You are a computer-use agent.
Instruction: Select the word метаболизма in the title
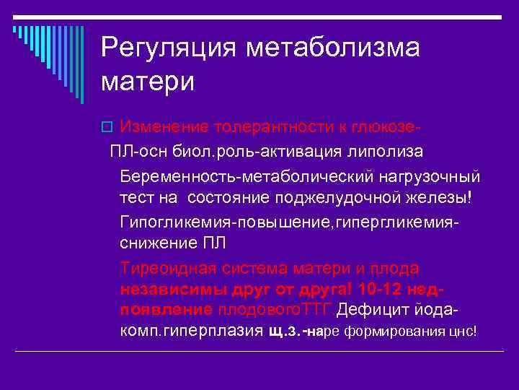pos(334,48)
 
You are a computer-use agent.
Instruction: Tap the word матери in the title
pos(148,81)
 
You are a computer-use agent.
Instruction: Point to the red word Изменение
pos(156,127)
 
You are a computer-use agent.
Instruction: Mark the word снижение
pos(154,243)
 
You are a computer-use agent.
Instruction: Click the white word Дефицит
pos(388,309)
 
